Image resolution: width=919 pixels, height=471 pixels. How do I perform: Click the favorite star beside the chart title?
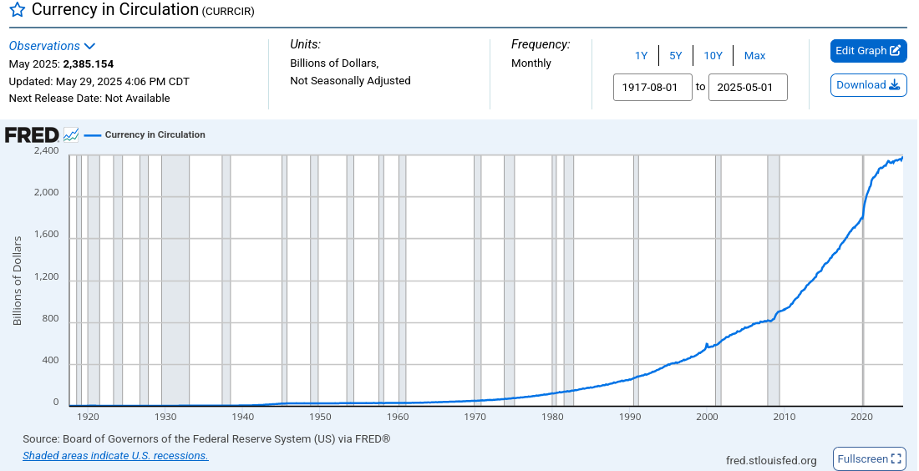click(17, 11)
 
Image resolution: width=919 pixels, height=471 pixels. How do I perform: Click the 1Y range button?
click(641, 56)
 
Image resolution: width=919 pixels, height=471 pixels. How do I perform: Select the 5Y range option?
click(676, 56)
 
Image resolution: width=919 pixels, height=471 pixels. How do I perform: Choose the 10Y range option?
click(713, 56)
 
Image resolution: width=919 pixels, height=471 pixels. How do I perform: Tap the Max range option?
click(754, 56)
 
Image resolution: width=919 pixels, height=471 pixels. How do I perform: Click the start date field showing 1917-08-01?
click(652, 87)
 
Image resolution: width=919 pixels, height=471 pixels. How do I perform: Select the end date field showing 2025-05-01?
click(748, 87)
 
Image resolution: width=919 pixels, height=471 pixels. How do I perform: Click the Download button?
click(868, 85)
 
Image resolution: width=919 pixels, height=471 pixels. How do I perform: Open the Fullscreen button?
click(870, 458)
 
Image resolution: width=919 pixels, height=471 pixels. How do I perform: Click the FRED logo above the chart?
click(32, 135)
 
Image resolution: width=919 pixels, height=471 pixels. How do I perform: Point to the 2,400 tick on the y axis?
click(46, 151)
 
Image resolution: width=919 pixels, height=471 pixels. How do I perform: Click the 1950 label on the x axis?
click(320, 417)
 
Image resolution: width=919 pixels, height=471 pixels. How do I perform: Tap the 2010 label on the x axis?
click(784, 417)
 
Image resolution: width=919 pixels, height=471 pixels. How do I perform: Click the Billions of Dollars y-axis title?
click(18, 280)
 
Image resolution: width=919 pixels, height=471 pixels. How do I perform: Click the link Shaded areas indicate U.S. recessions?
click(115, 456)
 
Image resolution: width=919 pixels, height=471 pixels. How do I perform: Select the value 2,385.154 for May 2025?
click(89, 63)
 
